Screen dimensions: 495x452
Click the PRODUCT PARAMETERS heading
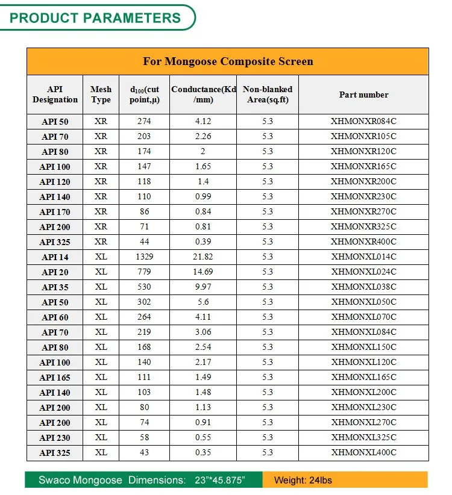pos(95,17)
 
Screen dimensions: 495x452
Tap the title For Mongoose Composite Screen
pos(227,61)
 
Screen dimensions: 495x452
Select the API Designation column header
pos(55,95)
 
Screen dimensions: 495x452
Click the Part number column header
pos(363,95)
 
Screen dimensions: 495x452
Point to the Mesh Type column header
pos(101,95)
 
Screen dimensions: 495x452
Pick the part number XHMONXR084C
pos(363,121)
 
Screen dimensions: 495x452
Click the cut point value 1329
pos(144,257)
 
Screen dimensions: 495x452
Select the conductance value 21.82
pos(202,257)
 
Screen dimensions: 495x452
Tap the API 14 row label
pos(55,257)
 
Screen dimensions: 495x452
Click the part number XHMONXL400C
pos(363,452)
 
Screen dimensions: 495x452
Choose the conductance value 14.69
pos(202,272)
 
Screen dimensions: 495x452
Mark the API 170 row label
pos(55,212)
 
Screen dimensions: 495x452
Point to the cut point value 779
pos(144,272)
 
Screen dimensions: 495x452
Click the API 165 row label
pos(55,378)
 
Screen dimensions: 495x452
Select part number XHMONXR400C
pos(363,241)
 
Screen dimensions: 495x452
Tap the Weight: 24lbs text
pos(303,480)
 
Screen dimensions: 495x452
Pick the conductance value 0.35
pos(202,452)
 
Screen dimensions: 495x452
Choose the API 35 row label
pos(55,287)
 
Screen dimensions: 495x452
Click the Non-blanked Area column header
pos(267,95)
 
